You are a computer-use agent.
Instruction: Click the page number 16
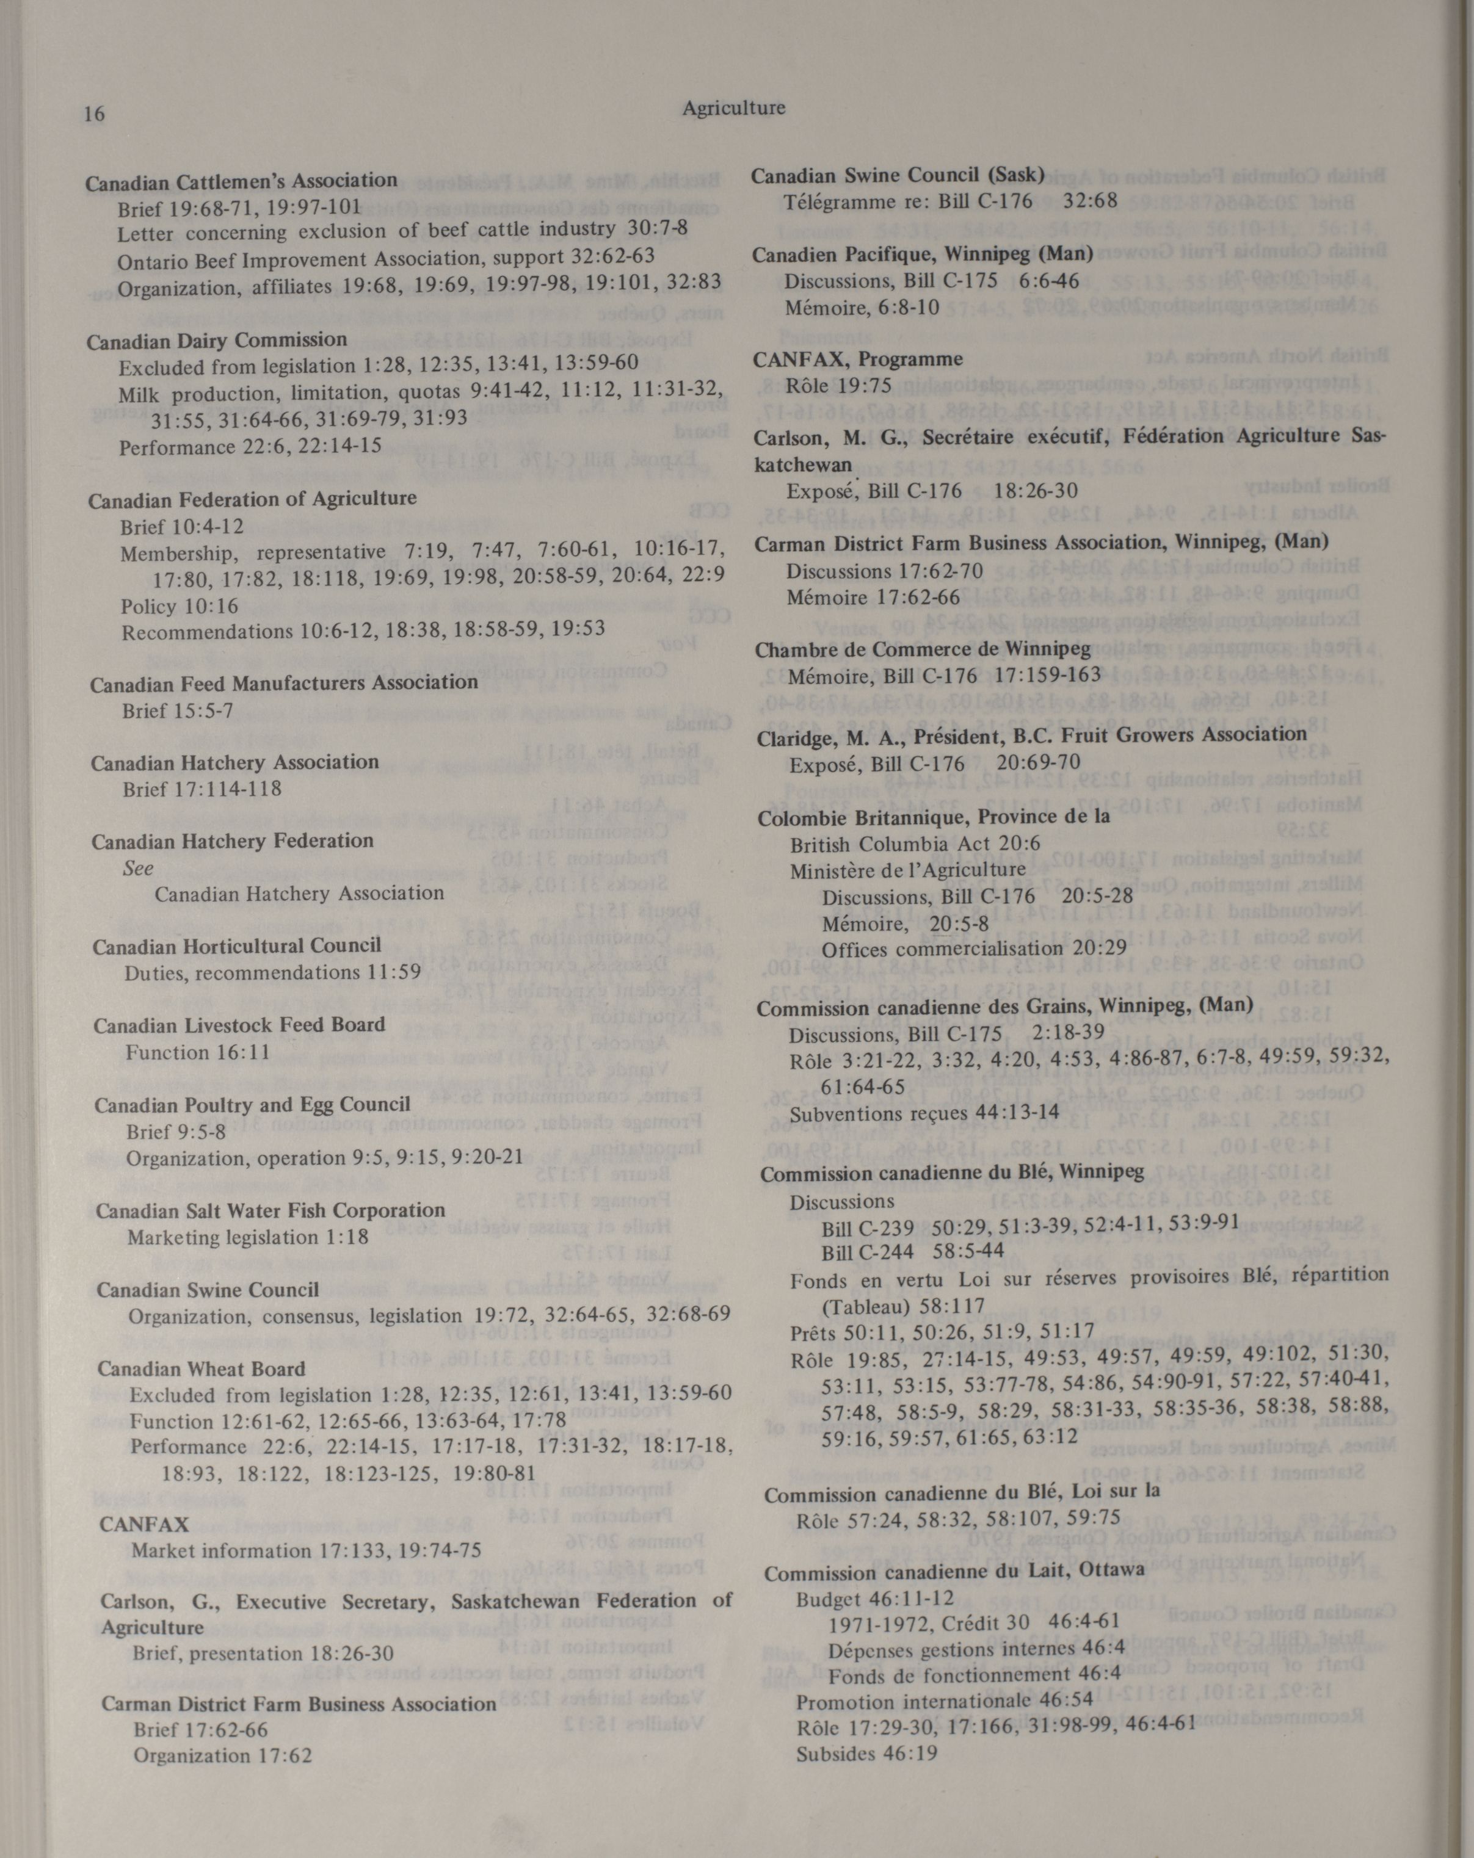[95, 114]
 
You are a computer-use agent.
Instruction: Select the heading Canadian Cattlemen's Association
[241, 181]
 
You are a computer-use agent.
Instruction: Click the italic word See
[138, 868]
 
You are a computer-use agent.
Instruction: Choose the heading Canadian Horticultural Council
[237, 946]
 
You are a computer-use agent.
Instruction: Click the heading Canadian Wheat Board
[201, 1368]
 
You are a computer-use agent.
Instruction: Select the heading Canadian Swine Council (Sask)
[898, 176]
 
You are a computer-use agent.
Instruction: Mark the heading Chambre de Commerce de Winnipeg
[923, 649]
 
